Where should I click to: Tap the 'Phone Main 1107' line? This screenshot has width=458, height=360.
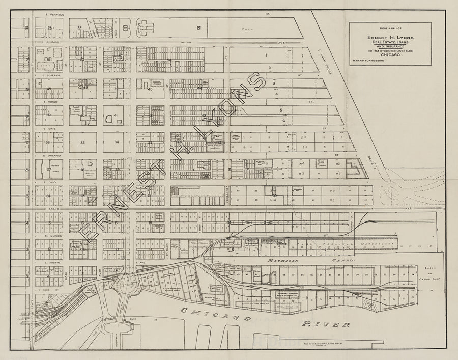(x=390, y=30)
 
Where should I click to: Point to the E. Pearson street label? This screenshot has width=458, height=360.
(x=54, y=15)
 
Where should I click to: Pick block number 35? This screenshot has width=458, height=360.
(x=83, y=143)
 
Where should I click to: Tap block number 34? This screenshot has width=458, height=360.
(x=117, y=142)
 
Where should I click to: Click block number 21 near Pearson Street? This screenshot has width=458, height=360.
(x=199, y=27)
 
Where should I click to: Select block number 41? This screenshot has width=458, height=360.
(x=116, y=116)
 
